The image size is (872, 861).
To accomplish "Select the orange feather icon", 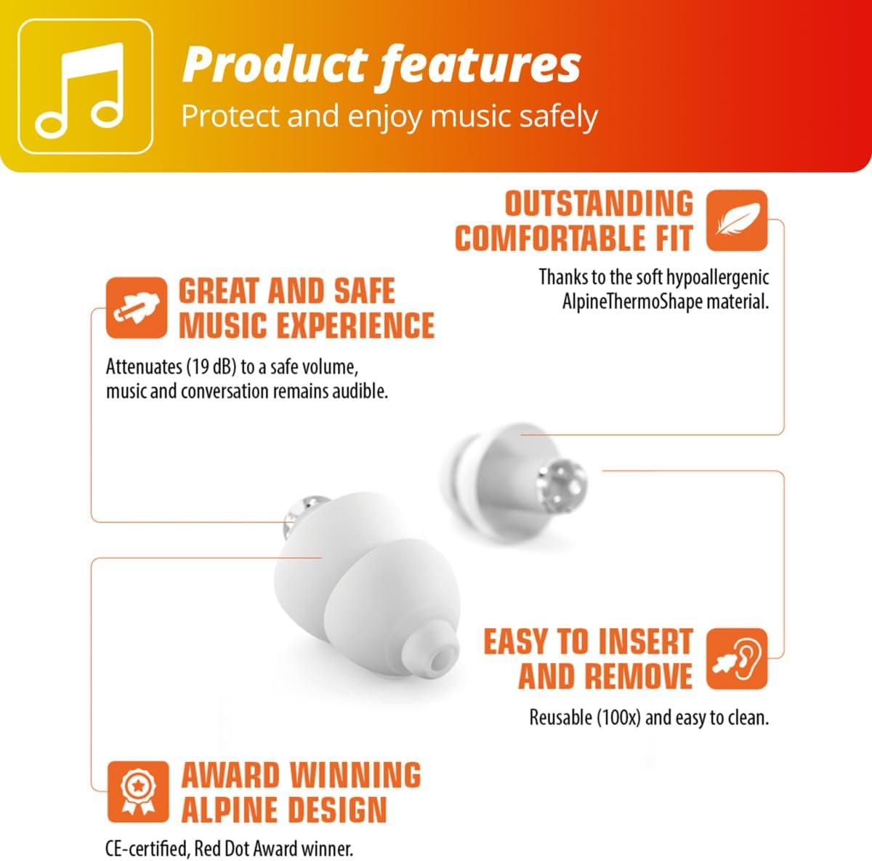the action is (x=737, y=220).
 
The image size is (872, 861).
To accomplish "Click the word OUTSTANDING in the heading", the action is (x=599, y=204).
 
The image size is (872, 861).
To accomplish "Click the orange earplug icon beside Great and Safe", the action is (x=137, y=308).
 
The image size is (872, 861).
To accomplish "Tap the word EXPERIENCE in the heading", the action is (x=355, y=325).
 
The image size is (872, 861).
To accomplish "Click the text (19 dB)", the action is (x=211, y=367).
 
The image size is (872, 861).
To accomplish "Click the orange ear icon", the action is (x=737, y=659).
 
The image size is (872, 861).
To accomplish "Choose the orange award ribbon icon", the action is (x=138, y=792).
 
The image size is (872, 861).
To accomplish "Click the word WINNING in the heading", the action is (x=355, y=775).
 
